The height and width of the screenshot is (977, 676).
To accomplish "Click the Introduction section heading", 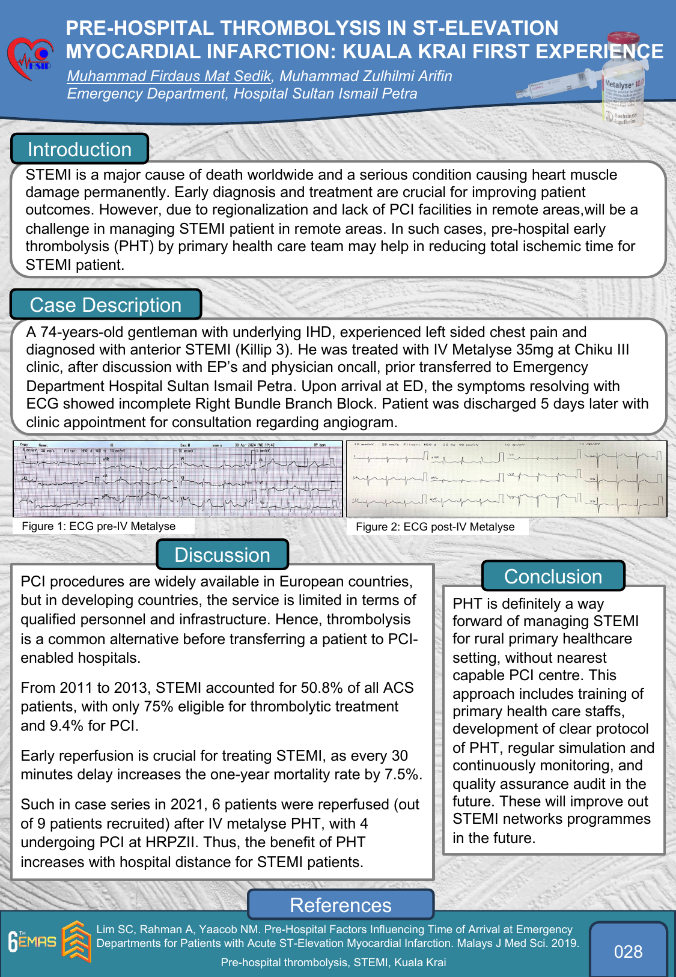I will pyautogui.click(x=79, y=149).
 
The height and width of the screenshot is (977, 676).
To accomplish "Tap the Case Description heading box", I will pyautogui.click(x=106, y=305).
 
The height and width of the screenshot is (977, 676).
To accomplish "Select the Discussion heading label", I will pyautogui.click(x=222, y=555).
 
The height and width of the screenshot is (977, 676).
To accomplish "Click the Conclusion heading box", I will pyautogui.click(x=553, y=576).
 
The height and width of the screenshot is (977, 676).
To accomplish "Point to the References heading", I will pyautogui.click(x=340, y=905).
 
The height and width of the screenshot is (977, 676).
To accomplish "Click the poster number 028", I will pyautogui.click(x=628, y=951).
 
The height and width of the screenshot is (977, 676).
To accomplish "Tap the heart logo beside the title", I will pyautogui.click(x=30, y=59).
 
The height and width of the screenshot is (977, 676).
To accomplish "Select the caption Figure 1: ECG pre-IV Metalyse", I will pyautogui.click(x=99, y=526).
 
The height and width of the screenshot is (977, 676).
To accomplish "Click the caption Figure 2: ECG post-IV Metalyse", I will pyautogui.click(x=435, y=527).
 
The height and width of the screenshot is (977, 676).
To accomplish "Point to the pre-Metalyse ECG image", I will pyautogui.click(x=178, y=479).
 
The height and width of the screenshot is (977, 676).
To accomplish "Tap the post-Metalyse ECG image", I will pyautogui.click(x=507, y=479).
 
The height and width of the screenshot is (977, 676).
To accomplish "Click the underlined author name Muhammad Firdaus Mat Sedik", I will pyautogui.click(x=169, y=76).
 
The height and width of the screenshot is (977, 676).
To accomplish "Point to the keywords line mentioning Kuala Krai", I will pyautogui.click(x=333, y=962).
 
